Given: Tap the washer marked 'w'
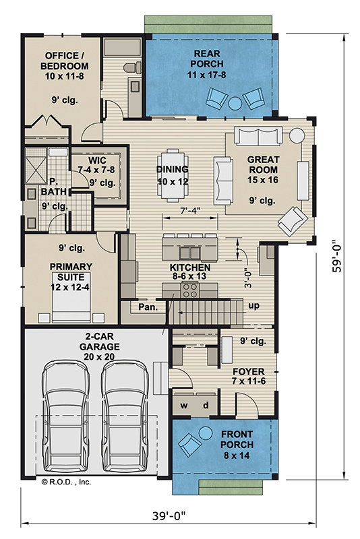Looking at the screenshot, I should click(183, 406).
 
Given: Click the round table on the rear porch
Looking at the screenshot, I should click(234, 103).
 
